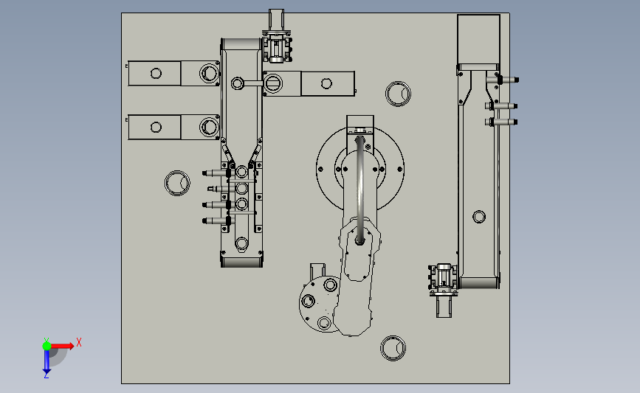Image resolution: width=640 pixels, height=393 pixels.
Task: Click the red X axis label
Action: [79, 342]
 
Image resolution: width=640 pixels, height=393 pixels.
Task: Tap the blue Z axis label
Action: [46, 375]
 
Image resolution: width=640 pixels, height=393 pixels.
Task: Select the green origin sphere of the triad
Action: [47, 346]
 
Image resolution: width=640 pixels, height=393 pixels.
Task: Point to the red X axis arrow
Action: [62, 346]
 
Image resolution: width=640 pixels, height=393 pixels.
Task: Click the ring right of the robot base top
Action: [399, 94]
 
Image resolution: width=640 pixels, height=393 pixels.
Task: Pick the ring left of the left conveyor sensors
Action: [177, 183]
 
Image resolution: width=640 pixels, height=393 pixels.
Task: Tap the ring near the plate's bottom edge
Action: [393, 348]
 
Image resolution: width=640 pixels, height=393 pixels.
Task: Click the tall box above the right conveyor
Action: [479, 40]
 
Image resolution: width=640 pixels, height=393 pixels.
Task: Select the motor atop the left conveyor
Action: [277, 48]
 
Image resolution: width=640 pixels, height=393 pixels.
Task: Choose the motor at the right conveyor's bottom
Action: [443, 278]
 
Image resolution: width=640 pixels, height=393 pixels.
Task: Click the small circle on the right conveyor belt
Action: [479, 217]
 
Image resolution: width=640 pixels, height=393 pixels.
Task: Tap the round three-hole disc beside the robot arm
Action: [320, 304]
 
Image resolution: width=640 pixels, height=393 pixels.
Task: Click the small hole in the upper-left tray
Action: [156, 74]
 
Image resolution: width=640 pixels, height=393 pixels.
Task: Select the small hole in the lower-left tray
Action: [156, 128]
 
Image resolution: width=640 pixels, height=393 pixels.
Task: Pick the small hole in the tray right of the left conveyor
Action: [326, 83]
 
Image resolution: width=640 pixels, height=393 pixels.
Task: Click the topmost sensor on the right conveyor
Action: [503, 80]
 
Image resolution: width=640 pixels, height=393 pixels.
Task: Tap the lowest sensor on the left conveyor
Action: [217, 221]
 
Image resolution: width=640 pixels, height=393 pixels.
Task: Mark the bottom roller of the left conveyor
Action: [241, 262]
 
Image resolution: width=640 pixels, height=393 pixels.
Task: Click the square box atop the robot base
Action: [360, 125]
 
